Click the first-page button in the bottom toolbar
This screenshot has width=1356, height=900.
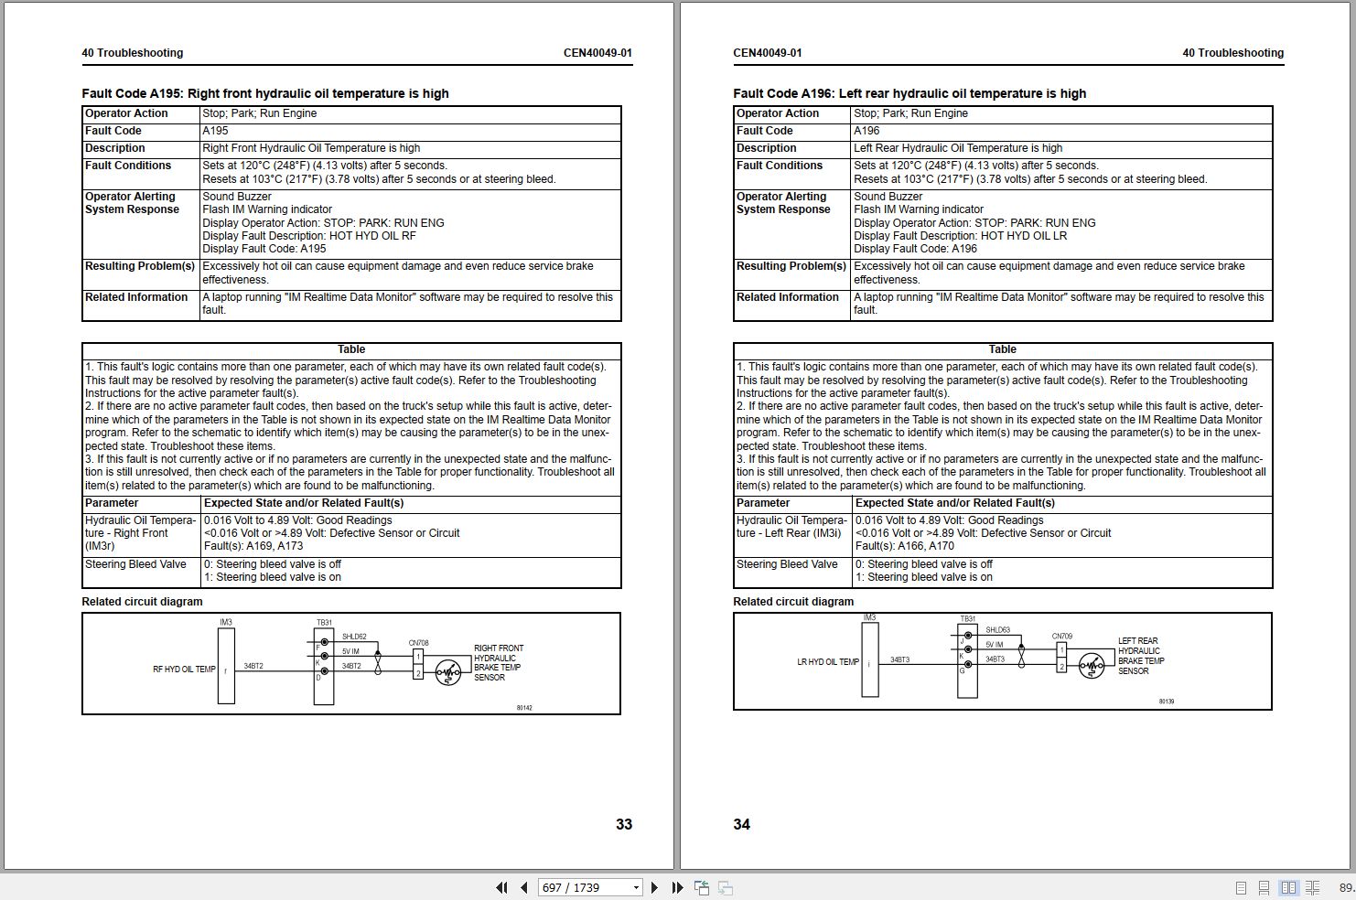(500, 887)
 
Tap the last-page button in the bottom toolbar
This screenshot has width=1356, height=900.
(677, 887)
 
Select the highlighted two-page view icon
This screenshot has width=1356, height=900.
(1288, 887)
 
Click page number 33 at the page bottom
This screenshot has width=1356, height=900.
(624, 824)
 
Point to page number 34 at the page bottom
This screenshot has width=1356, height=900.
(741, 824)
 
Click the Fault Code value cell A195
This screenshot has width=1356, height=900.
(216, 131)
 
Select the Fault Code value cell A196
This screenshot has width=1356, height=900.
(866, 131)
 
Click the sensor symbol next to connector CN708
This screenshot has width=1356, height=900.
(447, 672)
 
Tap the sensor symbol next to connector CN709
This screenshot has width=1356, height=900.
(1091, 666)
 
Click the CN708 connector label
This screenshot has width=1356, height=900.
(418, 643)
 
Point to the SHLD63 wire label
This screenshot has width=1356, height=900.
(997, 630)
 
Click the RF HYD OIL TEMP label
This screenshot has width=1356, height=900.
(184, 670)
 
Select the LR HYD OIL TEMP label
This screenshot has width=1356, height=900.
(828, 662)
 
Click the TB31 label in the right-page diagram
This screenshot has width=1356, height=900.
(967, 619)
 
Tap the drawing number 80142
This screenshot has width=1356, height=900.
(524, 708)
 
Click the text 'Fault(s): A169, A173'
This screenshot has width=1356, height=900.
(253, 546)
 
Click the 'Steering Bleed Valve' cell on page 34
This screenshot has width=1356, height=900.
(787, 564)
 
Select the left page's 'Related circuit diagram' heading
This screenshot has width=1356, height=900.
(142, 602)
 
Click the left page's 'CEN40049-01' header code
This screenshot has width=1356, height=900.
(597, 53)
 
